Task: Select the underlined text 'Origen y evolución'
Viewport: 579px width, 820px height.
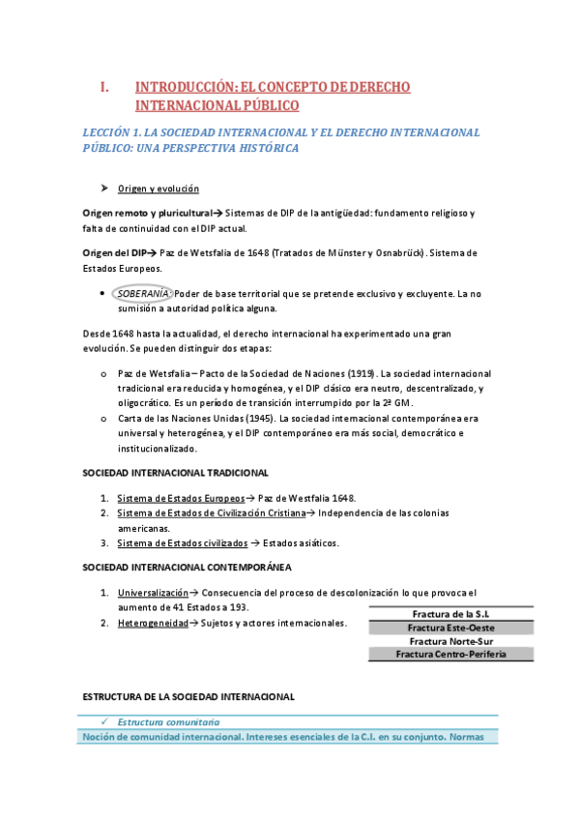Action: point(158,189)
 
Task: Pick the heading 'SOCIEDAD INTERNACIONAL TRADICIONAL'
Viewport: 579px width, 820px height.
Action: point(175,473)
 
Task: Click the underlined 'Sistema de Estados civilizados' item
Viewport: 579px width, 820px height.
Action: point(180,543)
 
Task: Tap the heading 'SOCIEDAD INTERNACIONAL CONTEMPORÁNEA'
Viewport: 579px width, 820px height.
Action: point(187,567)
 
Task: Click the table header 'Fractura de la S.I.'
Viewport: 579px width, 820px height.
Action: point(450,614)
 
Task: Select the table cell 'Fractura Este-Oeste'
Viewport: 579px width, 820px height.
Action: point(450,628)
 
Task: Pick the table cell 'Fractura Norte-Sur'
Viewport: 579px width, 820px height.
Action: point(450,641)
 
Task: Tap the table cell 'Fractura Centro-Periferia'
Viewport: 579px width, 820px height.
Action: point(450,655)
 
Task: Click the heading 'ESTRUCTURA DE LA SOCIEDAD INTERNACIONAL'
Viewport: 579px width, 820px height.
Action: point(188,696)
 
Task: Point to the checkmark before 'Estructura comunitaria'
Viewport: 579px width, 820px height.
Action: point(101,721)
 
